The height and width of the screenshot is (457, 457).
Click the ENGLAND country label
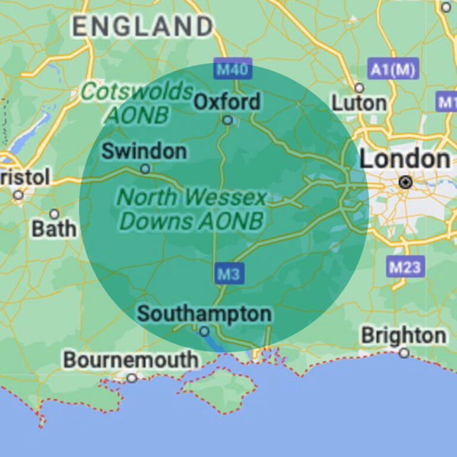143,26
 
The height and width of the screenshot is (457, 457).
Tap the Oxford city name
227,102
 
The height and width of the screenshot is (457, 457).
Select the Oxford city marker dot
227,120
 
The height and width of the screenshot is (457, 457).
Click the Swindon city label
144,151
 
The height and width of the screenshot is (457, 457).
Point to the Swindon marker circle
145,169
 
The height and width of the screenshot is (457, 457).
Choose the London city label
405,159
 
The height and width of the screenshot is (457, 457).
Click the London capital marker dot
406,182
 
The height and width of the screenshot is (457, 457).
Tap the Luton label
359,103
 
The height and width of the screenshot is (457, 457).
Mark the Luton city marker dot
359,88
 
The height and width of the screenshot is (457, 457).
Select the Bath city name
54,228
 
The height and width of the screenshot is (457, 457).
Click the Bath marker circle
54,214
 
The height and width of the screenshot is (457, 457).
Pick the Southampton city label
204,314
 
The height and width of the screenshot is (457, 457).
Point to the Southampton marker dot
204,331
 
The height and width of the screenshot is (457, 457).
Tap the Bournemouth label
131,360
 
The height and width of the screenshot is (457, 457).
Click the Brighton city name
403,336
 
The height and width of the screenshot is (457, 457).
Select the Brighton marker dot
404,353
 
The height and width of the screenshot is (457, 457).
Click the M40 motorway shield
233,70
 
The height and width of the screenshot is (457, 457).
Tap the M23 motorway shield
405,267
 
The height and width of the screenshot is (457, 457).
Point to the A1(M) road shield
393,70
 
